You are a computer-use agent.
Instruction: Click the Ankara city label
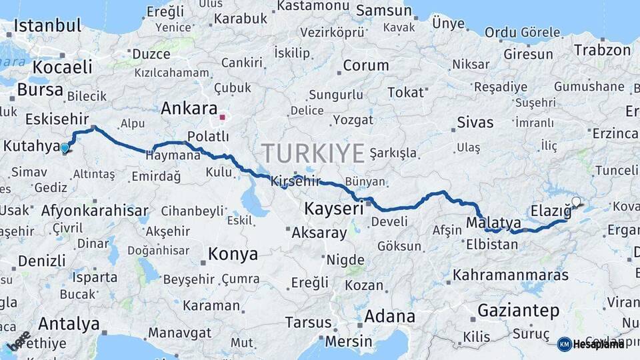[189, 108]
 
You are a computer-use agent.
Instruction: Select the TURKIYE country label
[313, 153]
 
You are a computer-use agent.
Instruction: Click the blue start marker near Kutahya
[65, 149]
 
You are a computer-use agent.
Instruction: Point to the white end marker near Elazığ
[576, 201]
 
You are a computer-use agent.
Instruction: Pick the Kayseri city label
[333, 209]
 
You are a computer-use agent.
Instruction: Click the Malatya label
[493, 222]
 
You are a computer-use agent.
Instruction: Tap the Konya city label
[233, 254]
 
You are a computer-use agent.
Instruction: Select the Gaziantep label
[518, 310]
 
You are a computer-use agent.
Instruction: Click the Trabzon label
[602, 50]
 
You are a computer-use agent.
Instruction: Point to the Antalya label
[69, 324]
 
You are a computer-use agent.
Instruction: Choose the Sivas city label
[475, 122]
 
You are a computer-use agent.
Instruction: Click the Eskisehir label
[57, 119]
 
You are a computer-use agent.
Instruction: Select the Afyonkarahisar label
[95, 211]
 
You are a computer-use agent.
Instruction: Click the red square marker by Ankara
[222, 117]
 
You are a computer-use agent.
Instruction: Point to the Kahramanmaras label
[510, 275]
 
